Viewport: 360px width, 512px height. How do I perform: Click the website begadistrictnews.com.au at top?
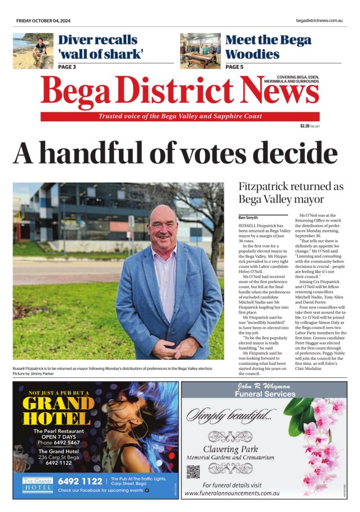[x=319, y=20]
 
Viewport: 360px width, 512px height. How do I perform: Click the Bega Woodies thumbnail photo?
[x=200, y=51]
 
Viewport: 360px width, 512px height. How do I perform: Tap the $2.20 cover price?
[x=305, y=126]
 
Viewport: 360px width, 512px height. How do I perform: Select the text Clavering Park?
[x=232, y=449]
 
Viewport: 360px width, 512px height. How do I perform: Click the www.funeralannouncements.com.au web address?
[x=233, y=493]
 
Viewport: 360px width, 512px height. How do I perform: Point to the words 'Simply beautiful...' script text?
[x=232, y=417]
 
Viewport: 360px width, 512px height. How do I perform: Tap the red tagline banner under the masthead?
[x=180, y=116]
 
